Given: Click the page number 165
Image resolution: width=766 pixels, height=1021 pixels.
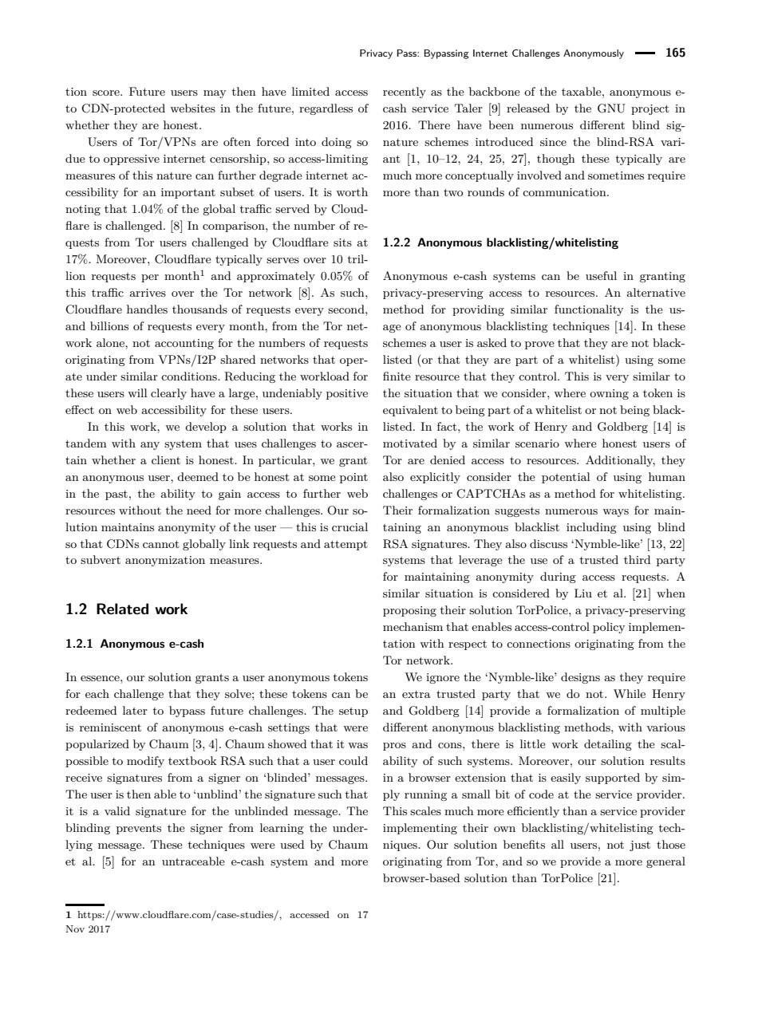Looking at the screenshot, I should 675,53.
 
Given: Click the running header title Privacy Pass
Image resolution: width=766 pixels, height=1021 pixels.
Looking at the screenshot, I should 492,54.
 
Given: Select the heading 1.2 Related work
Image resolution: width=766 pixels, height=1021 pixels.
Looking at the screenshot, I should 126,609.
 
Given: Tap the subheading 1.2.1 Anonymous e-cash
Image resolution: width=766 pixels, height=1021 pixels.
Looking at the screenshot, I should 134,644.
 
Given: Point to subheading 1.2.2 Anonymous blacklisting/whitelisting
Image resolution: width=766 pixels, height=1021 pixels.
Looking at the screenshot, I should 500,242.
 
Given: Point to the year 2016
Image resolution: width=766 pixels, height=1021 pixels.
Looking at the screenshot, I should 397,126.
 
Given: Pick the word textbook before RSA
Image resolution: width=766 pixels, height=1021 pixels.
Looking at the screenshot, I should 183,761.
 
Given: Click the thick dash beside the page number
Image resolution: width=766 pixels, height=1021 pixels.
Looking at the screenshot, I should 644,53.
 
